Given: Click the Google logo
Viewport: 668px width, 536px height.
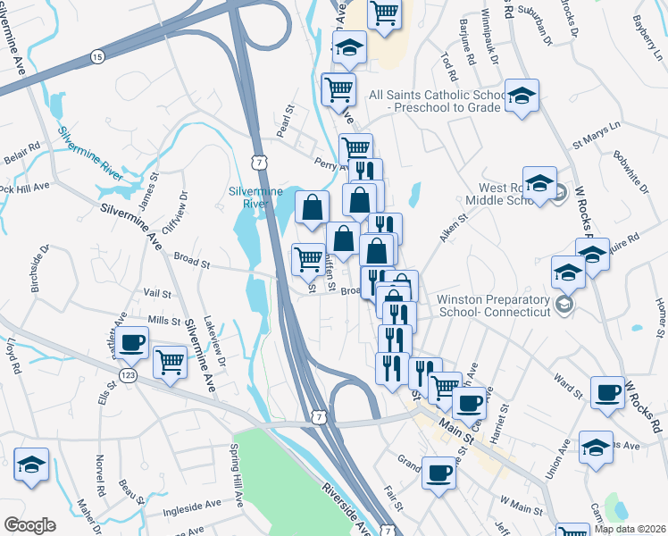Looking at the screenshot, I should pyautogui.click(x=29, y=525).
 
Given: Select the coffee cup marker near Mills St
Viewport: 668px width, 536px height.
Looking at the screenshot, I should pyautogui.click(x=132, y=341).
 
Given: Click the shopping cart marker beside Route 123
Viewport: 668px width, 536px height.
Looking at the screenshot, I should pyautogui.click(x=170, y=362).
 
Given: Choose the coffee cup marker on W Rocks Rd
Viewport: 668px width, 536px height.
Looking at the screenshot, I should pyautogui.click(x=608, y=392).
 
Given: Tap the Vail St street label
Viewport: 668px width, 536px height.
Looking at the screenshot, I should pyautogui.click(x=156, y=292).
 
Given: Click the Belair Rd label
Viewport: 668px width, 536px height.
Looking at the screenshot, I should pyautogui.click(x=22, y=146).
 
